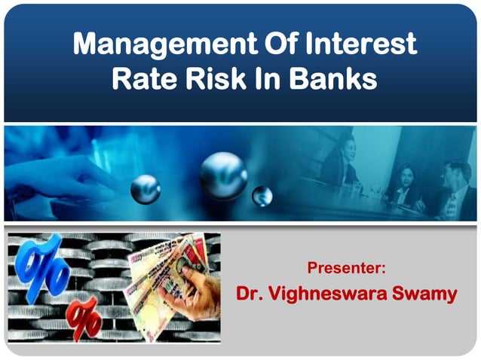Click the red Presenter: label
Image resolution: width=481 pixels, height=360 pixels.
[347, 267]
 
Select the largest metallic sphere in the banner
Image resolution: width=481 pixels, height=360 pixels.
[223, 175]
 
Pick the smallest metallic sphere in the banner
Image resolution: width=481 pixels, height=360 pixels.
[262, 196]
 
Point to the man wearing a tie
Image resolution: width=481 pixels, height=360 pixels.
[455, 188]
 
